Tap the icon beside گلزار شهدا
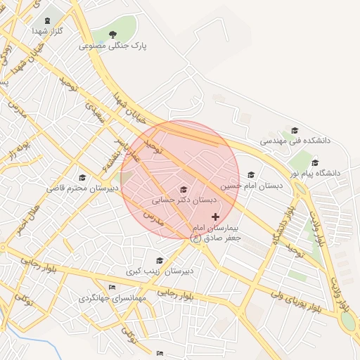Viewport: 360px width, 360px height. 48,20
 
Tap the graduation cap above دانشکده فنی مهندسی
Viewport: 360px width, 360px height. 295,130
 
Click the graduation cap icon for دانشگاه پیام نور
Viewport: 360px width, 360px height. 316,161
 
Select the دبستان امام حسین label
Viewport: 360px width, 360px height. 250,186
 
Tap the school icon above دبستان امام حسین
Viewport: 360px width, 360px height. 251,174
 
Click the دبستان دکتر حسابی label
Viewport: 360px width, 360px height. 184,200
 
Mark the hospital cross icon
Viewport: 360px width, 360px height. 215,217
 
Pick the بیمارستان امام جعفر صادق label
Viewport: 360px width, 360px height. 215,233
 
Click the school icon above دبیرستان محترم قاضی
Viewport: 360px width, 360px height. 82,177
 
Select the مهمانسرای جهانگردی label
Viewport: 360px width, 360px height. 112,298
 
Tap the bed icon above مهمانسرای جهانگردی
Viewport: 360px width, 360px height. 112,287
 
